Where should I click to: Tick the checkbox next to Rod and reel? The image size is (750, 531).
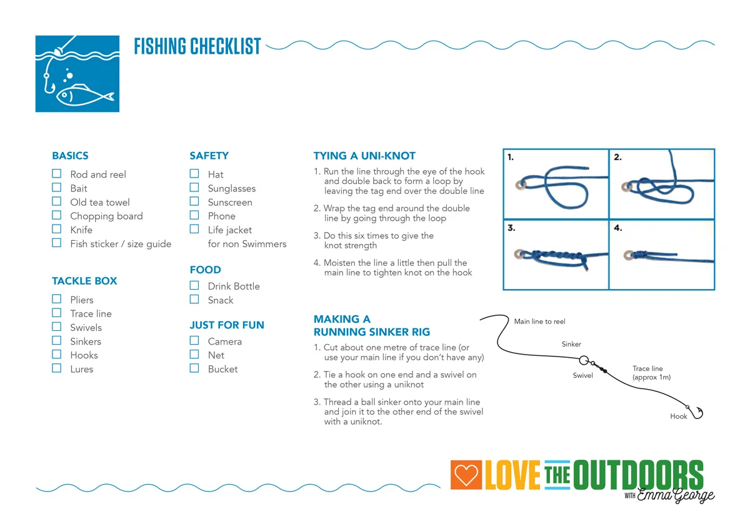pyautogui.click(x=57, y=174)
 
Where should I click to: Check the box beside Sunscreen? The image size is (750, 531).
pyautogui.click(x=194, y=201)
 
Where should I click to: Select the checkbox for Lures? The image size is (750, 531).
pyautogui.click(x=57, y=368)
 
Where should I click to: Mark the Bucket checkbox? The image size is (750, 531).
pyautogui.click(x=194, y=368)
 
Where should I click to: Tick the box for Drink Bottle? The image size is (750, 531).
pyautogui.click(x=194, y=285)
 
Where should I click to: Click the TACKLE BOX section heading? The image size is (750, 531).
pyautogui.click(x=84, y=281)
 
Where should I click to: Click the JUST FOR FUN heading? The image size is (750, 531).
pyautogui.click(x=227, y=325)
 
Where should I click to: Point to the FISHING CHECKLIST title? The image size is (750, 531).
pyautogui.click(x=197, y=46)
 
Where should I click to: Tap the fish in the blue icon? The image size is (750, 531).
pyautogui.click(x=84, y=96)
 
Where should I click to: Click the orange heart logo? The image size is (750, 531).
pyautogui.click(x=466, y=476)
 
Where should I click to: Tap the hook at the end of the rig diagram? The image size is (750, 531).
pyautogui.click(x=697, y=412)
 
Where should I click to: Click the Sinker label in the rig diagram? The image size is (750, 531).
pyautogui.click(x=571, y=344)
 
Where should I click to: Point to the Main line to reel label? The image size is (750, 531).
pyautogui.click(x=539, y=321)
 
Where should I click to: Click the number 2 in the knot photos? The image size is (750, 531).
pyautogui.click(x=617, y=157)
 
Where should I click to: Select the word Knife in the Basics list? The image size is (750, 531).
pyautogui.click(x=81, y=230)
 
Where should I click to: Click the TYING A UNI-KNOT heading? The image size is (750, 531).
pyautogui.click(x=364, y=156)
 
